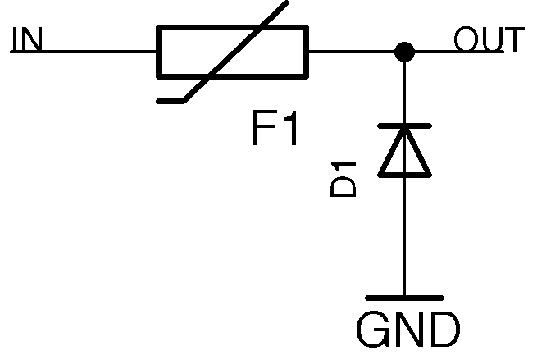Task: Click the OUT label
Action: point(489,39)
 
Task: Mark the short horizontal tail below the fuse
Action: point(173,101)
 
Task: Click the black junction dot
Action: point(403,52)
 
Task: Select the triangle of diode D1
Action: point(403,153)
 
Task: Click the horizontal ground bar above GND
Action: point(403,298)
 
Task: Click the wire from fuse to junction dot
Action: point(353,52)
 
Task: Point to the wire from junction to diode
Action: point(403,90)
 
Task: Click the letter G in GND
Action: point(374,330)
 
